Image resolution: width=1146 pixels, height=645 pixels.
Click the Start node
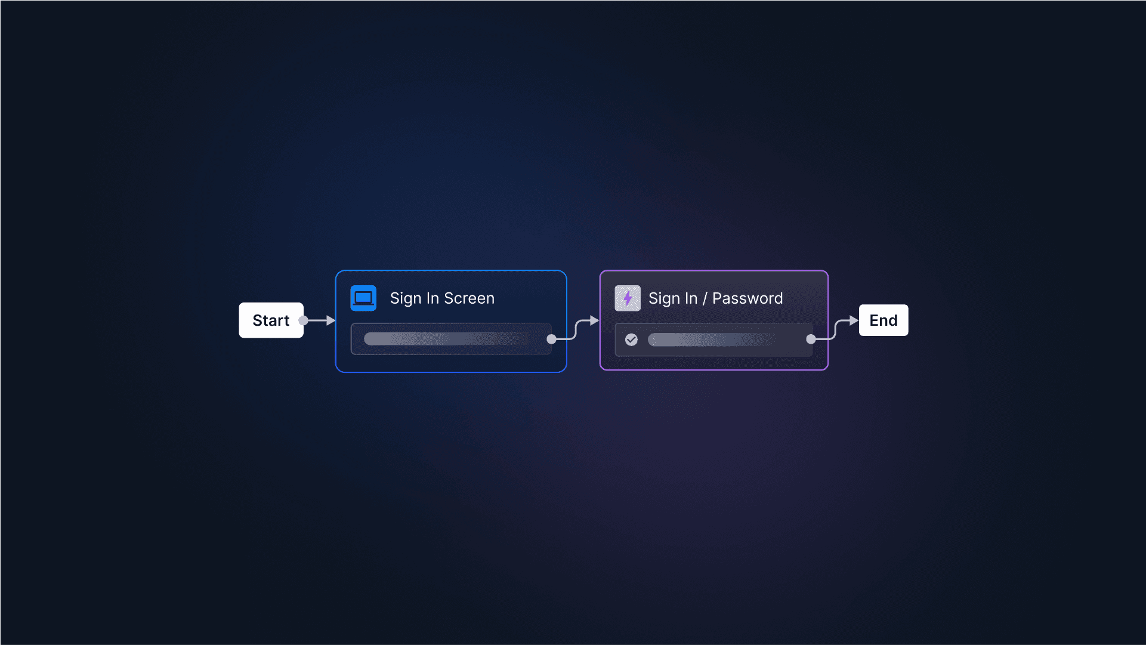point(271,320)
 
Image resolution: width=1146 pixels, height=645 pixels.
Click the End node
point(883,320)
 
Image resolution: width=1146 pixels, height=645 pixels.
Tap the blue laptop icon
point(363,298)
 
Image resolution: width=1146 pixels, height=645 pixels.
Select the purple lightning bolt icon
point(628,298)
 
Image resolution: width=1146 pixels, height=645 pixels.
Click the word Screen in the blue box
point(469,298)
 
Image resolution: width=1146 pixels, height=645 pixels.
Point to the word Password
point(747,298)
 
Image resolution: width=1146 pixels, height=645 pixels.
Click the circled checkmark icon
point(631,340)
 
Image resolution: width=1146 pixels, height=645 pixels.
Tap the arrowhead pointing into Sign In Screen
point(330,320)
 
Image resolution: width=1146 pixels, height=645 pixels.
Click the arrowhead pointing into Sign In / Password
point(594,320)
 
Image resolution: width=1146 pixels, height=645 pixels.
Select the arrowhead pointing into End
point(854,320)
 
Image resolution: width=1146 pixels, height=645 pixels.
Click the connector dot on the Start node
point(303,320)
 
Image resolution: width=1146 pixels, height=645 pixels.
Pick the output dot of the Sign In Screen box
point(551,339)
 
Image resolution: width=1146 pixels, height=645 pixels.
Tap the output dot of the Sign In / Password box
point(811,339)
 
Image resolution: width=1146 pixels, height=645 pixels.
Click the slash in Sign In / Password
point(705,298)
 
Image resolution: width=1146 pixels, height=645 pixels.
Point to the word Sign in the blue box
point(405,298)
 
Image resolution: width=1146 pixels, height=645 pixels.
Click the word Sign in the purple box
point(664,298)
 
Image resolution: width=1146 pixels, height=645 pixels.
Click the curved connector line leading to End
point(835,329)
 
